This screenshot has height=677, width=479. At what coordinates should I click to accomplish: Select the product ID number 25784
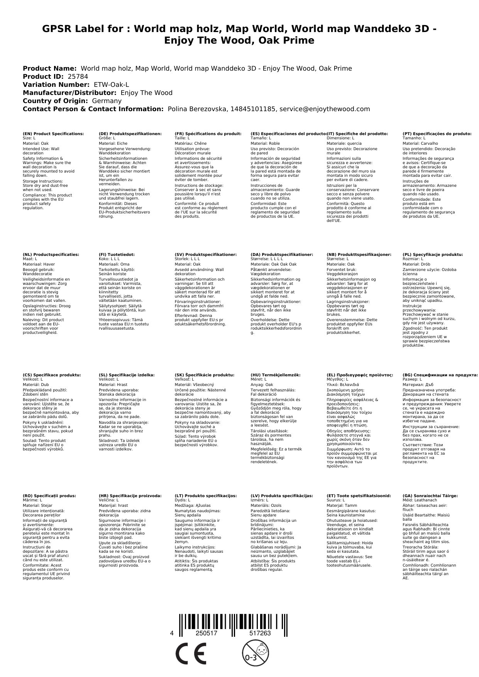pyautogui.click(x=75, y=76)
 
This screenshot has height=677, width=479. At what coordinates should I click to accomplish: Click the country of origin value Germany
pyautogui.click(x=107, y=101)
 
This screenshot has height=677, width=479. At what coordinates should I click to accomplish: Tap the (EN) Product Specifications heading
pyautogui.click(x=53, y=134)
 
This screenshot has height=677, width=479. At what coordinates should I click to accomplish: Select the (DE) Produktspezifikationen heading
pyautogui.click(x=130, y=134)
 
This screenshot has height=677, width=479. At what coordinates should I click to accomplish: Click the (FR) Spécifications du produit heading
pyautogui.click(x=208, y=134)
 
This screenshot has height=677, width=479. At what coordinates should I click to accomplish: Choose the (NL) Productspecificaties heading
pyautogui.click(x=51, y=255)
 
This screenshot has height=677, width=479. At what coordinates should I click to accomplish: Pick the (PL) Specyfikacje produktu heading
pyautogui.click(x=432, y=255)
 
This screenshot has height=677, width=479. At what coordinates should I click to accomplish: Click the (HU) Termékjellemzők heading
pyautogui.click(x=276, y=375)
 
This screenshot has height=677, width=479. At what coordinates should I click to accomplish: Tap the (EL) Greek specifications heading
pyautogui.click(x=360, y=375)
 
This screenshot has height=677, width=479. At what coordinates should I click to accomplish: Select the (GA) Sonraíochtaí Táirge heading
pyautogui.click(x=430, y=496)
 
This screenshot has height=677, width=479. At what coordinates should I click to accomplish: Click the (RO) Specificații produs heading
pyautogui.click(x=49, y=496)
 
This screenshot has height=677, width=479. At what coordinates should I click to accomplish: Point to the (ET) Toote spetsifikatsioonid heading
pyautogui.click(x=359, y=496)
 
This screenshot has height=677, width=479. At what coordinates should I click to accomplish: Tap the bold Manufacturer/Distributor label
pyautogui.click(x=69, y=93)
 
